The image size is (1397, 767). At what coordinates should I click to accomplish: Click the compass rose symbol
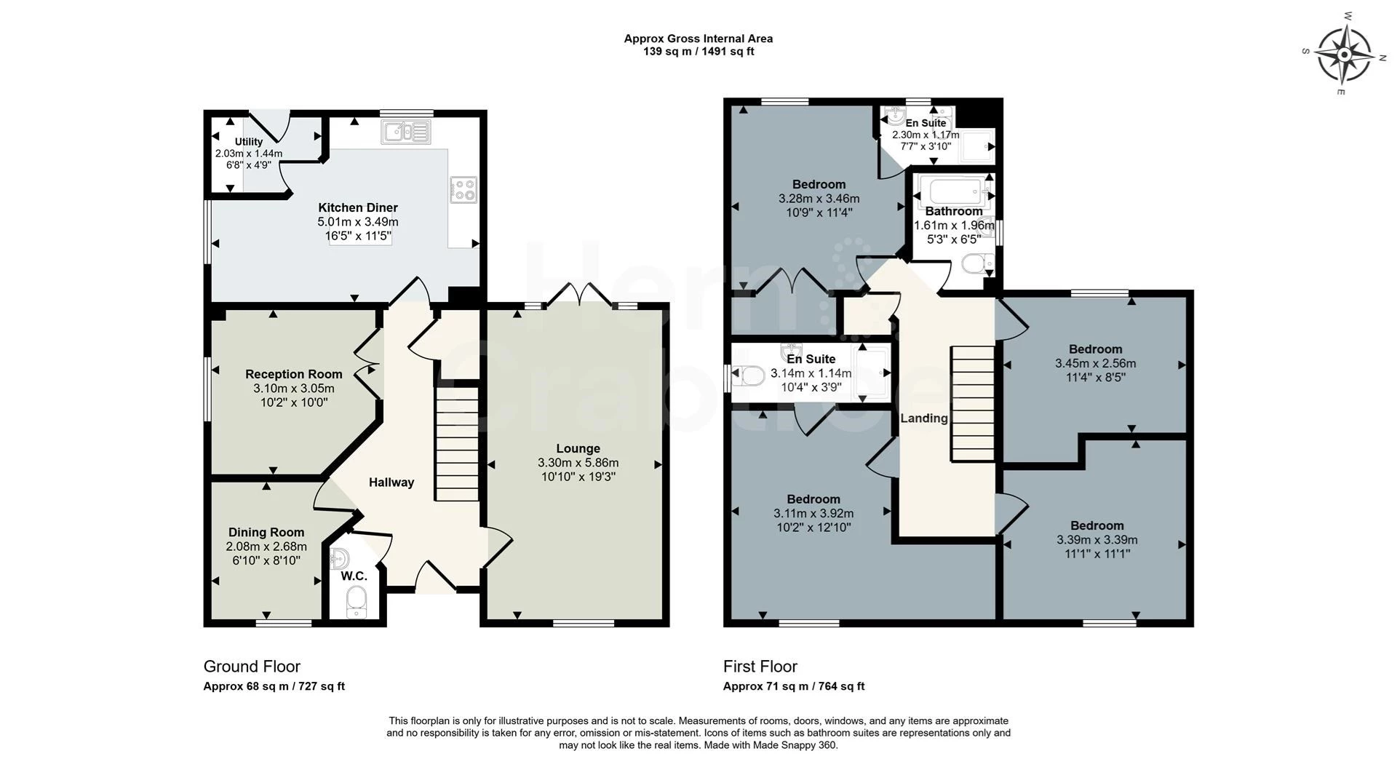click(1344, 54)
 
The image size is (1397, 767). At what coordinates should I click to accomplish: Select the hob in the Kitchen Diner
click(463, 188)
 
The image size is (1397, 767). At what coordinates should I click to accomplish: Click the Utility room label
click(249, 142)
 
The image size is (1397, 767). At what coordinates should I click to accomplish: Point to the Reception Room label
click(293, 374)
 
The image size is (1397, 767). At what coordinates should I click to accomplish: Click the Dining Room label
click(266, 532)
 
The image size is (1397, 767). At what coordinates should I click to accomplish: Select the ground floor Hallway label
click(391, 482)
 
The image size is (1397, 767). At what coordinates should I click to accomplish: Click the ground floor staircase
click(457, 444)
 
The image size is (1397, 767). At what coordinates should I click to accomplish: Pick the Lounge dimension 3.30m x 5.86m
click(578, 462)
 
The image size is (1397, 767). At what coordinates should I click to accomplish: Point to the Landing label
click(924, 418)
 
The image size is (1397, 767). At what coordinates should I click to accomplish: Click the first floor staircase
click(973, 403)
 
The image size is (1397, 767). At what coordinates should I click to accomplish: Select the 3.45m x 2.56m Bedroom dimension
click(1096, 363)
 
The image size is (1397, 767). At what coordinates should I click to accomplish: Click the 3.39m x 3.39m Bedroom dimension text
click(1097, 540)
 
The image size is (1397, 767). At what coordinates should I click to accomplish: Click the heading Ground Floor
click(252, 667)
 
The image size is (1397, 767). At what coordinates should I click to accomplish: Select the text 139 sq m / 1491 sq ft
click(698, 52)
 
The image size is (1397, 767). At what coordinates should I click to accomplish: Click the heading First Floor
click(760, 667)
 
